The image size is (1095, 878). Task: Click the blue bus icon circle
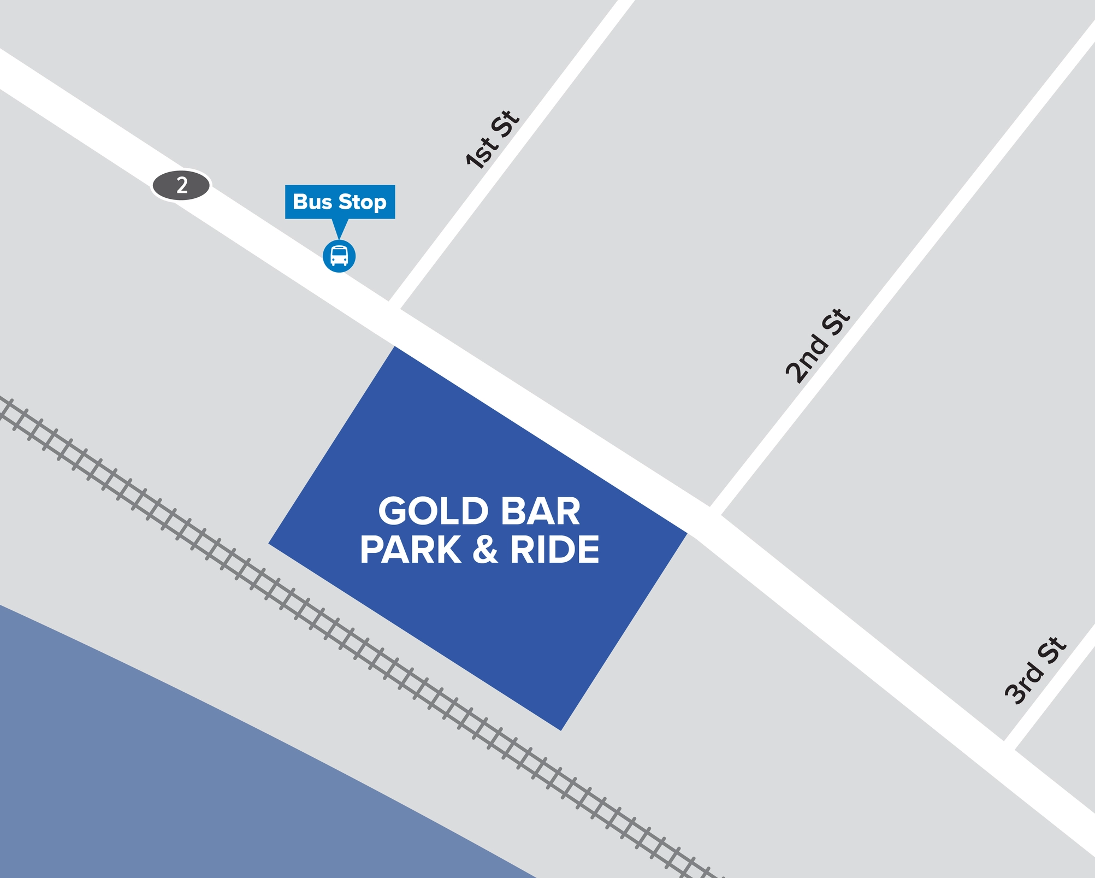point(339,256)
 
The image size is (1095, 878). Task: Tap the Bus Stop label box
point(340,202)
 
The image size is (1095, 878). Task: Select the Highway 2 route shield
point(181,186)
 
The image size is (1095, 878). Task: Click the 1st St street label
point(492,139)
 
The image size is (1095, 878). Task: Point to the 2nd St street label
point(818,346)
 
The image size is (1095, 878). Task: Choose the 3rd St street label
point(1035,671)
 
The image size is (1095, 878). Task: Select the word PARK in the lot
point(411,550)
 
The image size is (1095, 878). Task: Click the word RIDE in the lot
point(554,550)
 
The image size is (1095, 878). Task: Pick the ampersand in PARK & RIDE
point(485,550)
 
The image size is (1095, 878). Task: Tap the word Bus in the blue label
point(312,202)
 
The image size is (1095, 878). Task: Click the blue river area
point(164,765)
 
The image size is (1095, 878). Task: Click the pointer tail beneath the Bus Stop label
point(339,228)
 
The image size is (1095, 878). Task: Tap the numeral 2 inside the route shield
point(182,186)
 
